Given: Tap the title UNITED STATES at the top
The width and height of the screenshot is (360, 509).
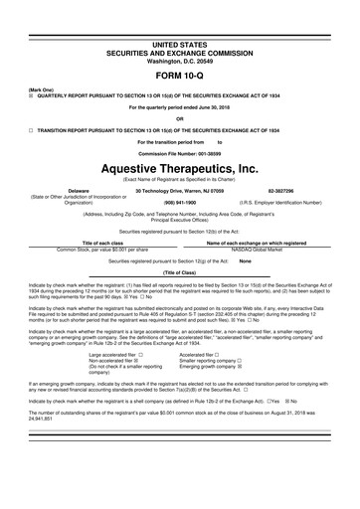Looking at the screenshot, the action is point(179,17).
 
